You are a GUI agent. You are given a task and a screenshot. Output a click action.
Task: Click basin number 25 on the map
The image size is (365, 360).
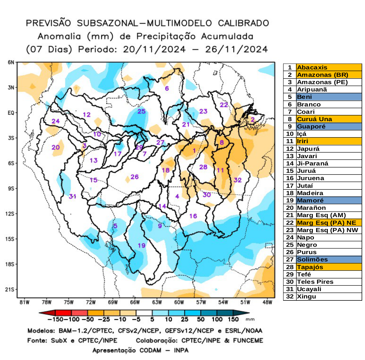141,111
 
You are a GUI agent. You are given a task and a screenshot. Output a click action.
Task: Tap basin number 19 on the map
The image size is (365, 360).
141,245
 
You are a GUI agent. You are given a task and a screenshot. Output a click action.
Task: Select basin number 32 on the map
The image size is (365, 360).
238,180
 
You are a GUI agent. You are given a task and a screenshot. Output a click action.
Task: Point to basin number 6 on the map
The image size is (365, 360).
167,88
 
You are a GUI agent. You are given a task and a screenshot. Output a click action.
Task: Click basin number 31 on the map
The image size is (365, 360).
73,196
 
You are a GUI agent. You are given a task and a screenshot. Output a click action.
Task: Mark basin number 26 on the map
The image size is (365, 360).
135,177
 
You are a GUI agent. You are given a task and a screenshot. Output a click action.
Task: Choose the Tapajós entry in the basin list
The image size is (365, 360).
310,267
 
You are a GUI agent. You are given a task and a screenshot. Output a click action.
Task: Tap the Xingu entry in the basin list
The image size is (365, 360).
306,296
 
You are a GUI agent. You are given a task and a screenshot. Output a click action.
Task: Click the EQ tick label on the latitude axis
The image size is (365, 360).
11,113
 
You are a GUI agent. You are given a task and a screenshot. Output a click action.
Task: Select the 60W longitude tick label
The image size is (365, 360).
179,302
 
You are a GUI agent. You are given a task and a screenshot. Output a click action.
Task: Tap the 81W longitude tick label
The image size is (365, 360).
25,302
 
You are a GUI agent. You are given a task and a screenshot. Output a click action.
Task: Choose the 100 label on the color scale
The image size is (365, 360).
217,319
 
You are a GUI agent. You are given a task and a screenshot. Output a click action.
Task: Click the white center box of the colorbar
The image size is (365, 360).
144,313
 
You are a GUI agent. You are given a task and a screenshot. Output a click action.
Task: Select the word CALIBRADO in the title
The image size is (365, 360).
243,23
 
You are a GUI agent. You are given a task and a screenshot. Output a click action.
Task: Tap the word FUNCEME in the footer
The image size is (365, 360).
248,341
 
